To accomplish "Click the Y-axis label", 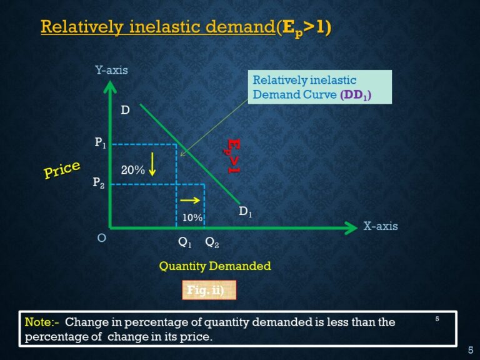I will coord(111,70).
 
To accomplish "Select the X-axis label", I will coord(380,226).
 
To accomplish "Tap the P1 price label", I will coord(100,143).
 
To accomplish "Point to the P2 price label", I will coord(99,182).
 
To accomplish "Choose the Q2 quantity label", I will coord(212,242).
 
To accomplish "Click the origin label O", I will coord(102,238).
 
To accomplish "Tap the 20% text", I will coord(132,169).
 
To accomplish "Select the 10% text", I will coord(192,217).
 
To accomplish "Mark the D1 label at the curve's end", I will coord(246,212).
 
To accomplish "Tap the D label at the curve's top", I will coord(125,111).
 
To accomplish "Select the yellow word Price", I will coord(62,169).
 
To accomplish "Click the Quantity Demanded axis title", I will coord(215,266).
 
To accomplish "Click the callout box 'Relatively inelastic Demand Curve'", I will coord(321,87).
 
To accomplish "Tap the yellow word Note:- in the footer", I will coord(42,322).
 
